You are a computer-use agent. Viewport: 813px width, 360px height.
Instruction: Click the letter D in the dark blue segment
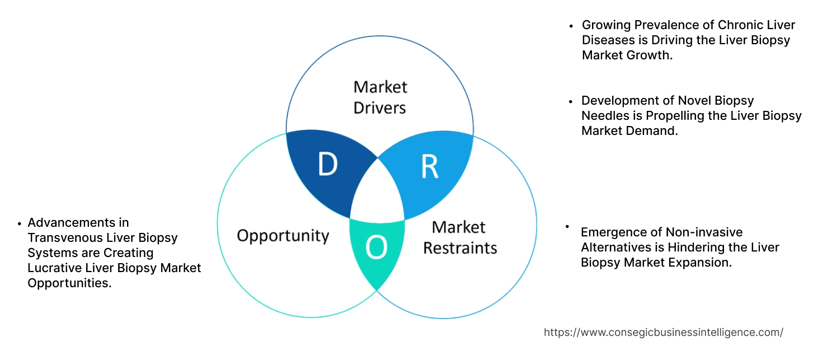coord(327,164)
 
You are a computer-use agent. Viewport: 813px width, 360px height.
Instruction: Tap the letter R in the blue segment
coord(429,166)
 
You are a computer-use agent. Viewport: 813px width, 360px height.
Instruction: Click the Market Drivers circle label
coord(380,97)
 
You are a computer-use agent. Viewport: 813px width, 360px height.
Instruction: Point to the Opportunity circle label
coord(283,235)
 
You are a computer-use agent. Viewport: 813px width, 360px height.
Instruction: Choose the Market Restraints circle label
coord(459,237)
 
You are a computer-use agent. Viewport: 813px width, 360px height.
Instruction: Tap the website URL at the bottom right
coord(663,332)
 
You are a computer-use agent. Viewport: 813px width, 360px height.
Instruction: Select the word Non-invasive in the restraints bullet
coord(704,232)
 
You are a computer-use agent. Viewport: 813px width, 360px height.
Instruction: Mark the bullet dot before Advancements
coord(20,223)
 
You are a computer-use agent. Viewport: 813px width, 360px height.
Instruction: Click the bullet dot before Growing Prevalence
coord(571,26)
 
